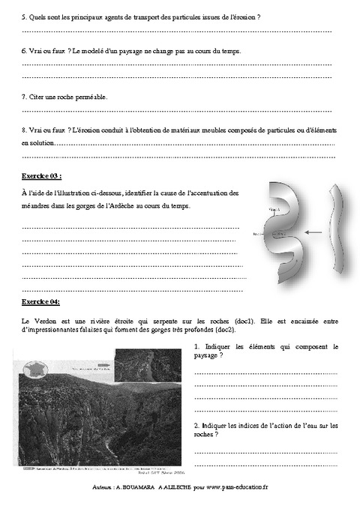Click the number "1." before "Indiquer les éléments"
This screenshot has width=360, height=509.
coord(196,347)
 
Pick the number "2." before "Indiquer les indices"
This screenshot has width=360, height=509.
coord(196,425)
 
